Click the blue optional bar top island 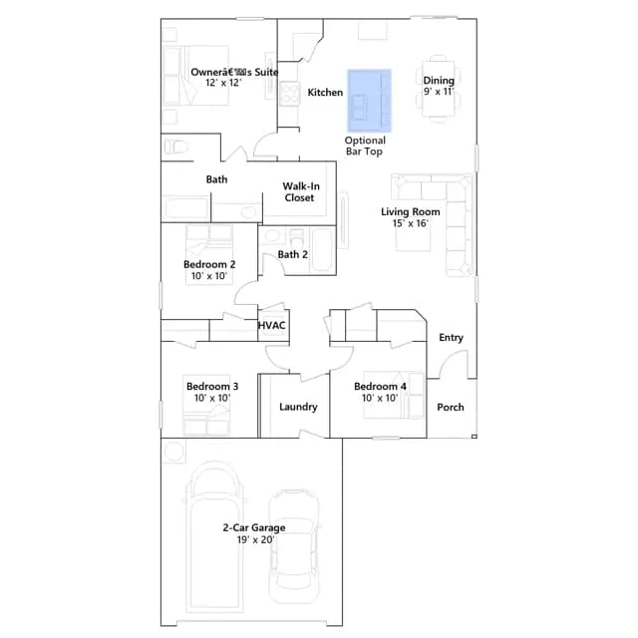(x=370, y=101)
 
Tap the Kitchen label (x=325, y=93)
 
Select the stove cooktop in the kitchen (x=289, y=93)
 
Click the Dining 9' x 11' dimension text (x=439, y=92)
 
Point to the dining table (x=439, y=89)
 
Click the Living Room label (x=411, y=212)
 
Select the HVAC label (x=272, y=326)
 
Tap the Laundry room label (x=298, y=407)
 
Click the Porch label (x=451, y=408)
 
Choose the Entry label (x=452, y=338)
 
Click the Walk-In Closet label (x=300, y=192)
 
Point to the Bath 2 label (x=292, y=255)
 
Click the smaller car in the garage (x=294, y=547)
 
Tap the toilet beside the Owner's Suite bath (x=175, y=147)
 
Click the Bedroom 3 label (x=212, y=387)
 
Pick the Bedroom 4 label (x=380, y=387)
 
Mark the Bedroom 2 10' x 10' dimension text (x=209, y=276)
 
